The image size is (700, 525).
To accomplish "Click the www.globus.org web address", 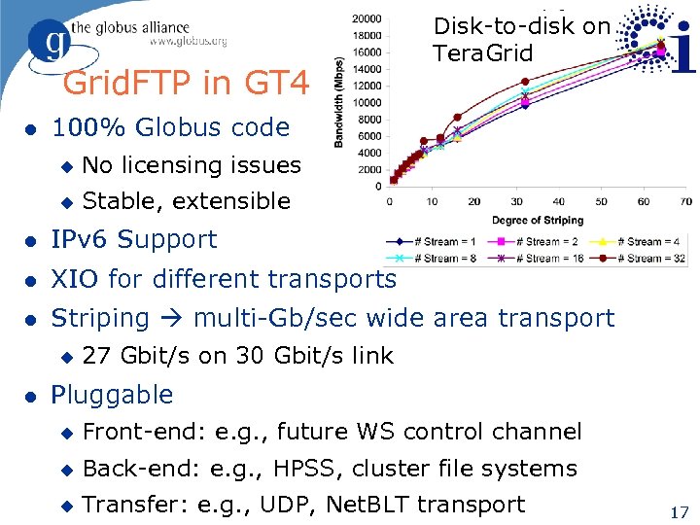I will [189, 42].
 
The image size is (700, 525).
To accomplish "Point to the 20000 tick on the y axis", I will [367, 18].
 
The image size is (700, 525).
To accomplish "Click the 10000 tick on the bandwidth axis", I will [367, 102].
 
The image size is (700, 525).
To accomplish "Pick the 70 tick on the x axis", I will [686, 201].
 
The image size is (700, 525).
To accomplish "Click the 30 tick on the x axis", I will [517, 201].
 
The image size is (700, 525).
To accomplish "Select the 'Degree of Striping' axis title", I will [537, 220].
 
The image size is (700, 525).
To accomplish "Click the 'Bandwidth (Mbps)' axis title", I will [339, 101].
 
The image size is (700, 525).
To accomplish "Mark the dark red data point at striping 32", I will [525, 82].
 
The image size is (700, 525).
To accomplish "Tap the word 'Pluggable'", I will [112, 395].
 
